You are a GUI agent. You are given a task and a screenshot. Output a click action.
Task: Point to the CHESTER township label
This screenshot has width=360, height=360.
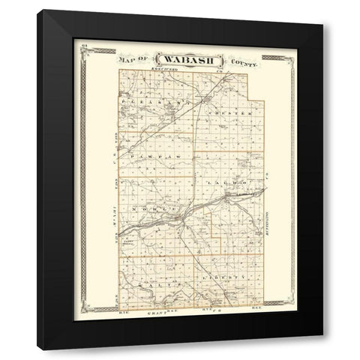[223, 106]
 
